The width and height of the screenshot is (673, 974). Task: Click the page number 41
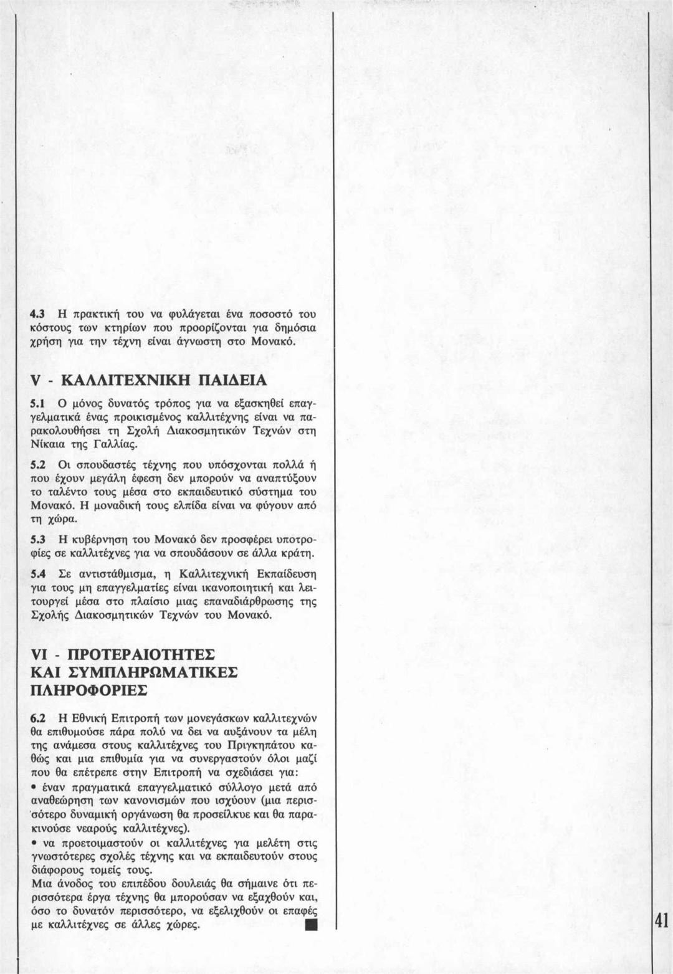661,921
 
